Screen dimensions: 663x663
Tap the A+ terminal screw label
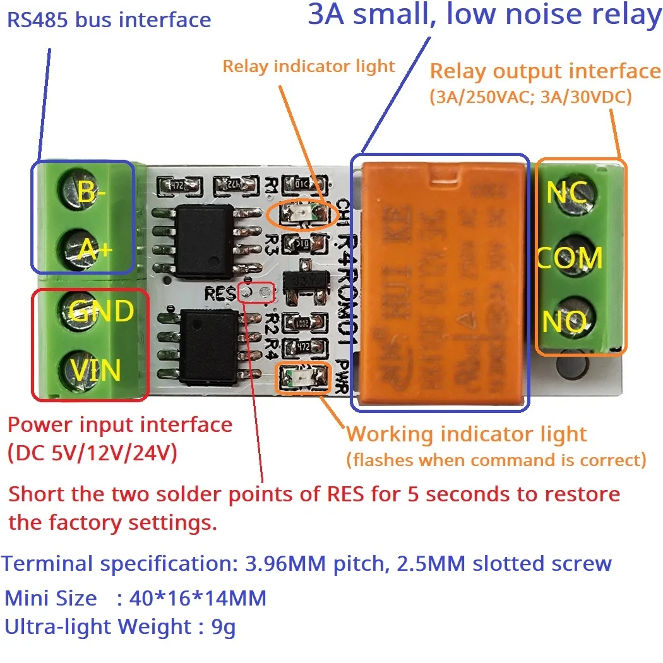click(x=95, y=251)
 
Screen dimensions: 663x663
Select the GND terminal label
click(x=101, y=311)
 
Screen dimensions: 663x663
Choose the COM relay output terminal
click(x=570, y=258)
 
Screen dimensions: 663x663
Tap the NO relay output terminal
click(x=563, y=323)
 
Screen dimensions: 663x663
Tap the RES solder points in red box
click(x=256, y=292)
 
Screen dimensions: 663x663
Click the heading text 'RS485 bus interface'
click(x=109, y=20)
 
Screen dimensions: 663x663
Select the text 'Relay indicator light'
click(x=309, y=66)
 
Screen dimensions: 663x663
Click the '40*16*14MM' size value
click(x=197, y=597)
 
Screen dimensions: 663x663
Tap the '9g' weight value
click(x=224, y=627)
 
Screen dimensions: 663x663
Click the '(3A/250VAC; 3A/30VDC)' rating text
click(x=530, y=98)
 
